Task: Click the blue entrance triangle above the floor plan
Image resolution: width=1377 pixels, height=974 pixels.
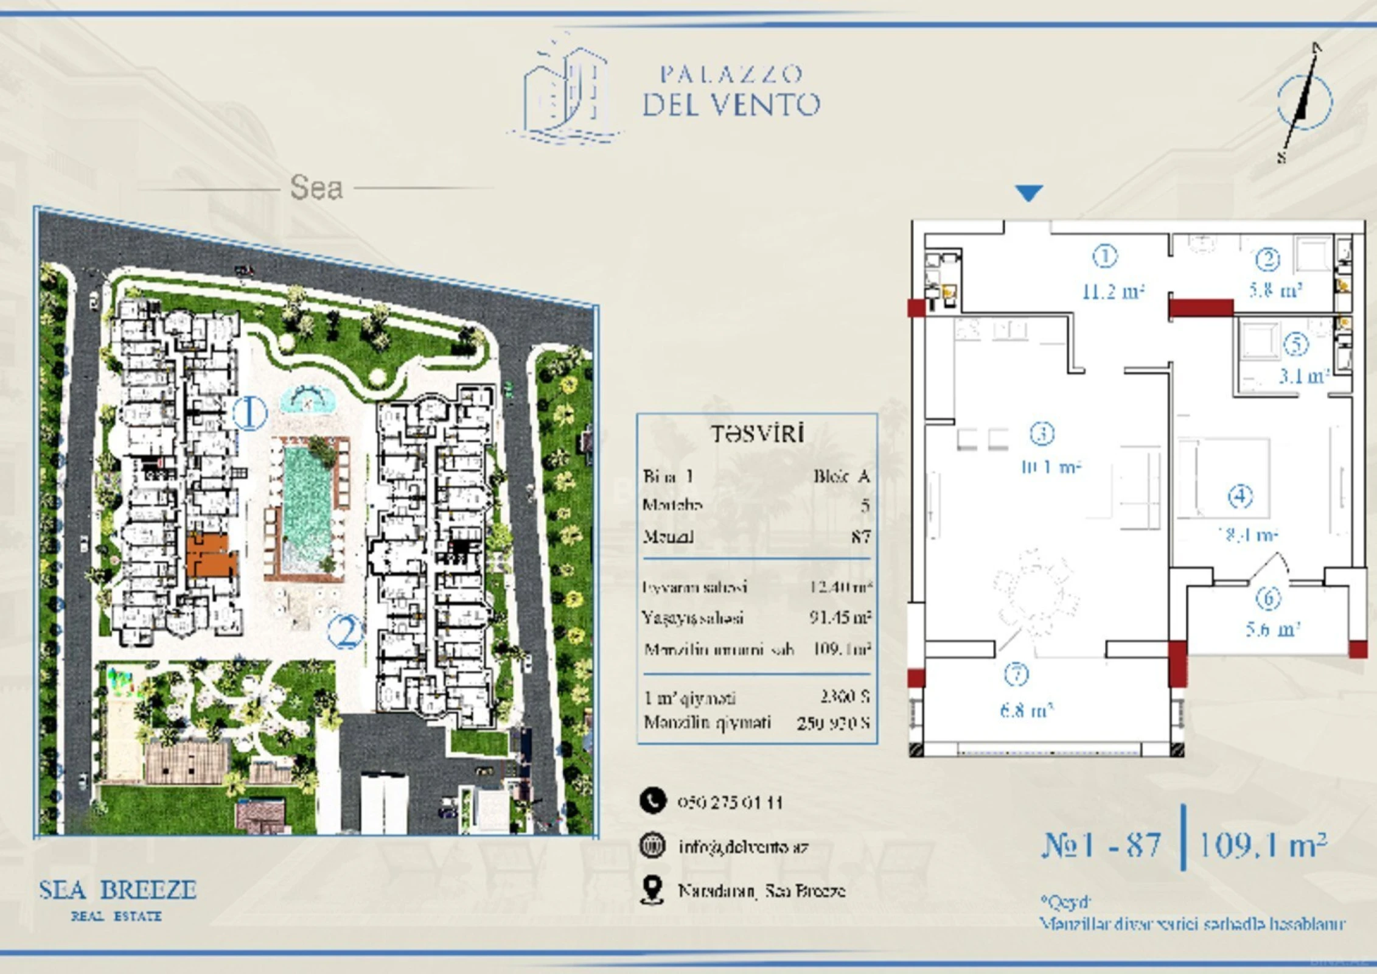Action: click(x=1029, y=192)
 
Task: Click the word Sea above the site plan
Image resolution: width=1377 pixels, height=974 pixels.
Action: click(x=316, y=187)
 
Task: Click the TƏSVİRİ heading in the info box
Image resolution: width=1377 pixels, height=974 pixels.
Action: click(x=758, y=434)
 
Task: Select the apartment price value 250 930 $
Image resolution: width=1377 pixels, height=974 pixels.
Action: click(x=833, y=723)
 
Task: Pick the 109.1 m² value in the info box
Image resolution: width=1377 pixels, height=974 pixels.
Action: click(x=842, y=649)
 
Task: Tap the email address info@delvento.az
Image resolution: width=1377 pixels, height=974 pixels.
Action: click(x=743, y=847)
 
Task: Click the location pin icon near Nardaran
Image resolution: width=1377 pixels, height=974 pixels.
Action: click(x=652, y=890)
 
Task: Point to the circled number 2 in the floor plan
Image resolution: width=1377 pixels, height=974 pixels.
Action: click(x=1268, y=259)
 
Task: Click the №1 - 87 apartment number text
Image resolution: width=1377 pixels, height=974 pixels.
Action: click(x=1101, y=845)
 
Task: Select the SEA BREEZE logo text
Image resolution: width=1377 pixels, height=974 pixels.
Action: click(x=117, y=890)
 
